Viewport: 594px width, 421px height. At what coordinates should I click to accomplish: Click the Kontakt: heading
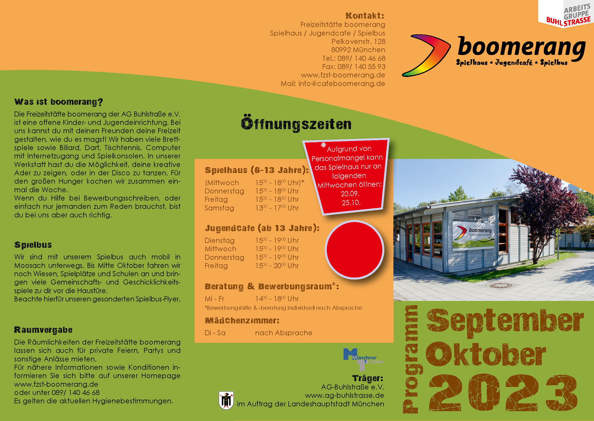(x=365, y=16)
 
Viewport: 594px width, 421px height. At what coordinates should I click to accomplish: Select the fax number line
(x=354, y=67)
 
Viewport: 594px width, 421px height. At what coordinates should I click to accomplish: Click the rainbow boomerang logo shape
(x=426, y=55)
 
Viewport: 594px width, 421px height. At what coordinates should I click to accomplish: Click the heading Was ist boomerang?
(x=59, y=102)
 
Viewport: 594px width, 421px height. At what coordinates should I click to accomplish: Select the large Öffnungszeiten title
(x=296, y=124)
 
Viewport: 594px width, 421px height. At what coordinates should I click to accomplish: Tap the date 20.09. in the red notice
(x=350, y=194)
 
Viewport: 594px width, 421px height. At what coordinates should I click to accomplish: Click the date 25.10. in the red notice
(x=351, y=203)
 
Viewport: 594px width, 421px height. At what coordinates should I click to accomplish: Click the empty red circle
(x=355, y=250)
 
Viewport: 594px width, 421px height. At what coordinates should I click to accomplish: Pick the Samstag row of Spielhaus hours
(x=252, y=208)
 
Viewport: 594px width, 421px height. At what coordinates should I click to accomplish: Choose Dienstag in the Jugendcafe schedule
(x=220, y=240)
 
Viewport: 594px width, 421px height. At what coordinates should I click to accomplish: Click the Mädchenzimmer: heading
(x=242, y=321)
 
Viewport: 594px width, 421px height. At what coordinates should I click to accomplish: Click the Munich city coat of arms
(x=226, y=400)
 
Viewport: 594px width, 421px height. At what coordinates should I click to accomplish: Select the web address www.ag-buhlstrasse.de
(x=344, y=396)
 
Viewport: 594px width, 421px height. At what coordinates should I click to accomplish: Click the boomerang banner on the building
(x=473, y=235)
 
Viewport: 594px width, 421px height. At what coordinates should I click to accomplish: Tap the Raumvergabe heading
(x=43, y=330)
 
